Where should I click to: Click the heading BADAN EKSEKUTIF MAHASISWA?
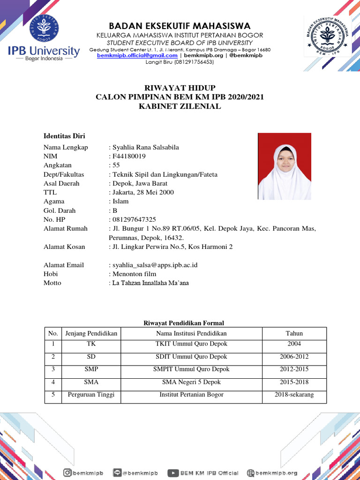click(180, 25)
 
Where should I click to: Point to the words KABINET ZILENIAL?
click(180, 106)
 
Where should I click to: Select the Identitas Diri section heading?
click(64, 136)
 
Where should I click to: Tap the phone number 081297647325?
click(134, 219)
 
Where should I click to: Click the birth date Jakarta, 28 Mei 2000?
click(142, 192)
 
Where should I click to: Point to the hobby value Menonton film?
click(127, 274)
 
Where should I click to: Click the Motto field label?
click(52, 283)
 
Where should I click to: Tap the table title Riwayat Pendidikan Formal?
click(183, 323)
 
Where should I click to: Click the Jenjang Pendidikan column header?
click(91, 333)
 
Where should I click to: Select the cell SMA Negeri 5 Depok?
click(191, 382)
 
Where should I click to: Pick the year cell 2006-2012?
click(294, 357)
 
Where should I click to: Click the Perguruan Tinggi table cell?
click(91, 395)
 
